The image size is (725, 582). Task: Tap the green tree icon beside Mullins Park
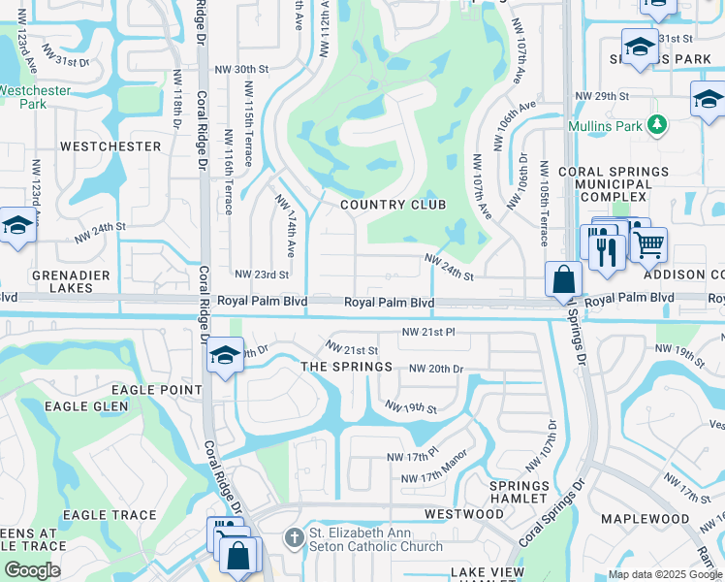pos(657,125)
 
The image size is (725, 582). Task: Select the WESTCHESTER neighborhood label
pos(110,146)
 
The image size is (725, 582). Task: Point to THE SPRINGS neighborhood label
pos(346,367)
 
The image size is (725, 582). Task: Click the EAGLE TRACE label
pos(110,515)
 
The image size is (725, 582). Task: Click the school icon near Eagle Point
pos(225,355)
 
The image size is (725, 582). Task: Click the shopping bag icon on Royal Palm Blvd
pos(563,281)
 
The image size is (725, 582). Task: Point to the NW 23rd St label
pos(262,275)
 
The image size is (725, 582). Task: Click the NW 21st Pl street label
pos(429,332)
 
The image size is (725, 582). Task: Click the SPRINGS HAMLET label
pos(519,492)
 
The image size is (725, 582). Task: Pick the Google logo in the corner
pos(32,570)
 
